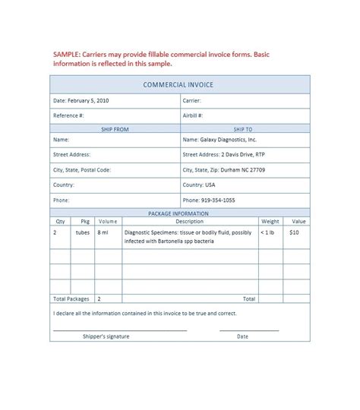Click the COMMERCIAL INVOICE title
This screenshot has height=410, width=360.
(x=180, y=85)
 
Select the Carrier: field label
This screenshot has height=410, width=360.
(x=191, y=100)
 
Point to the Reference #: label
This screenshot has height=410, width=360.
(x=68, y=115)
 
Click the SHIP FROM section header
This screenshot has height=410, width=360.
(x=115, y=130)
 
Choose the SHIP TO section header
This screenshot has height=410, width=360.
(x=243, y=130)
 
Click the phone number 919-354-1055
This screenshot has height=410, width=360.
(x=218, y=200)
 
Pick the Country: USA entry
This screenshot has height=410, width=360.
(x=199, y=184)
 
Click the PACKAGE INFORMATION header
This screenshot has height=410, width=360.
(x=179, y=214)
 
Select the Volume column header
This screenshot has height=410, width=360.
(x=107, y=222)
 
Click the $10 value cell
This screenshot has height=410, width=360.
(x=294, y=232)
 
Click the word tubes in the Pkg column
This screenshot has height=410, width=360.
(x=82, y=232)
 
